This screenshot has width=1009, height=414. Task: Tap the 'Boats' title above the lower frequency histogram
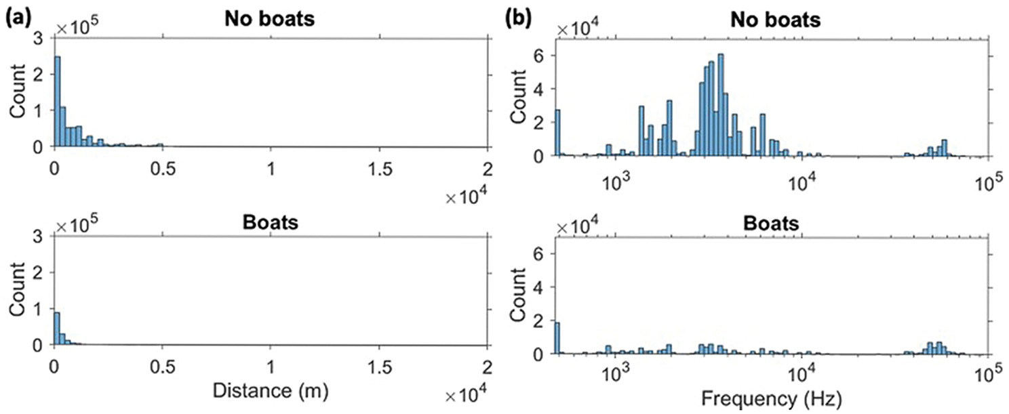771,223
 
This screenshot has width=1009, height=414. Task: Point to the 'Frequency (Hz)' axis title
771,394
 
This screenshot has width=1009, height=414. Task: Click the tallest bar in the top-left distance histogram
58,102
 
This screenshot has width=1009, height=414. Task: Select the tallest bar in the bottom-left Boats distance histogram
58,329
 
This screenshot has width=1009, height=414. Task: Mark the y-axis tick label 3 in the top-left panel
42,40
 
